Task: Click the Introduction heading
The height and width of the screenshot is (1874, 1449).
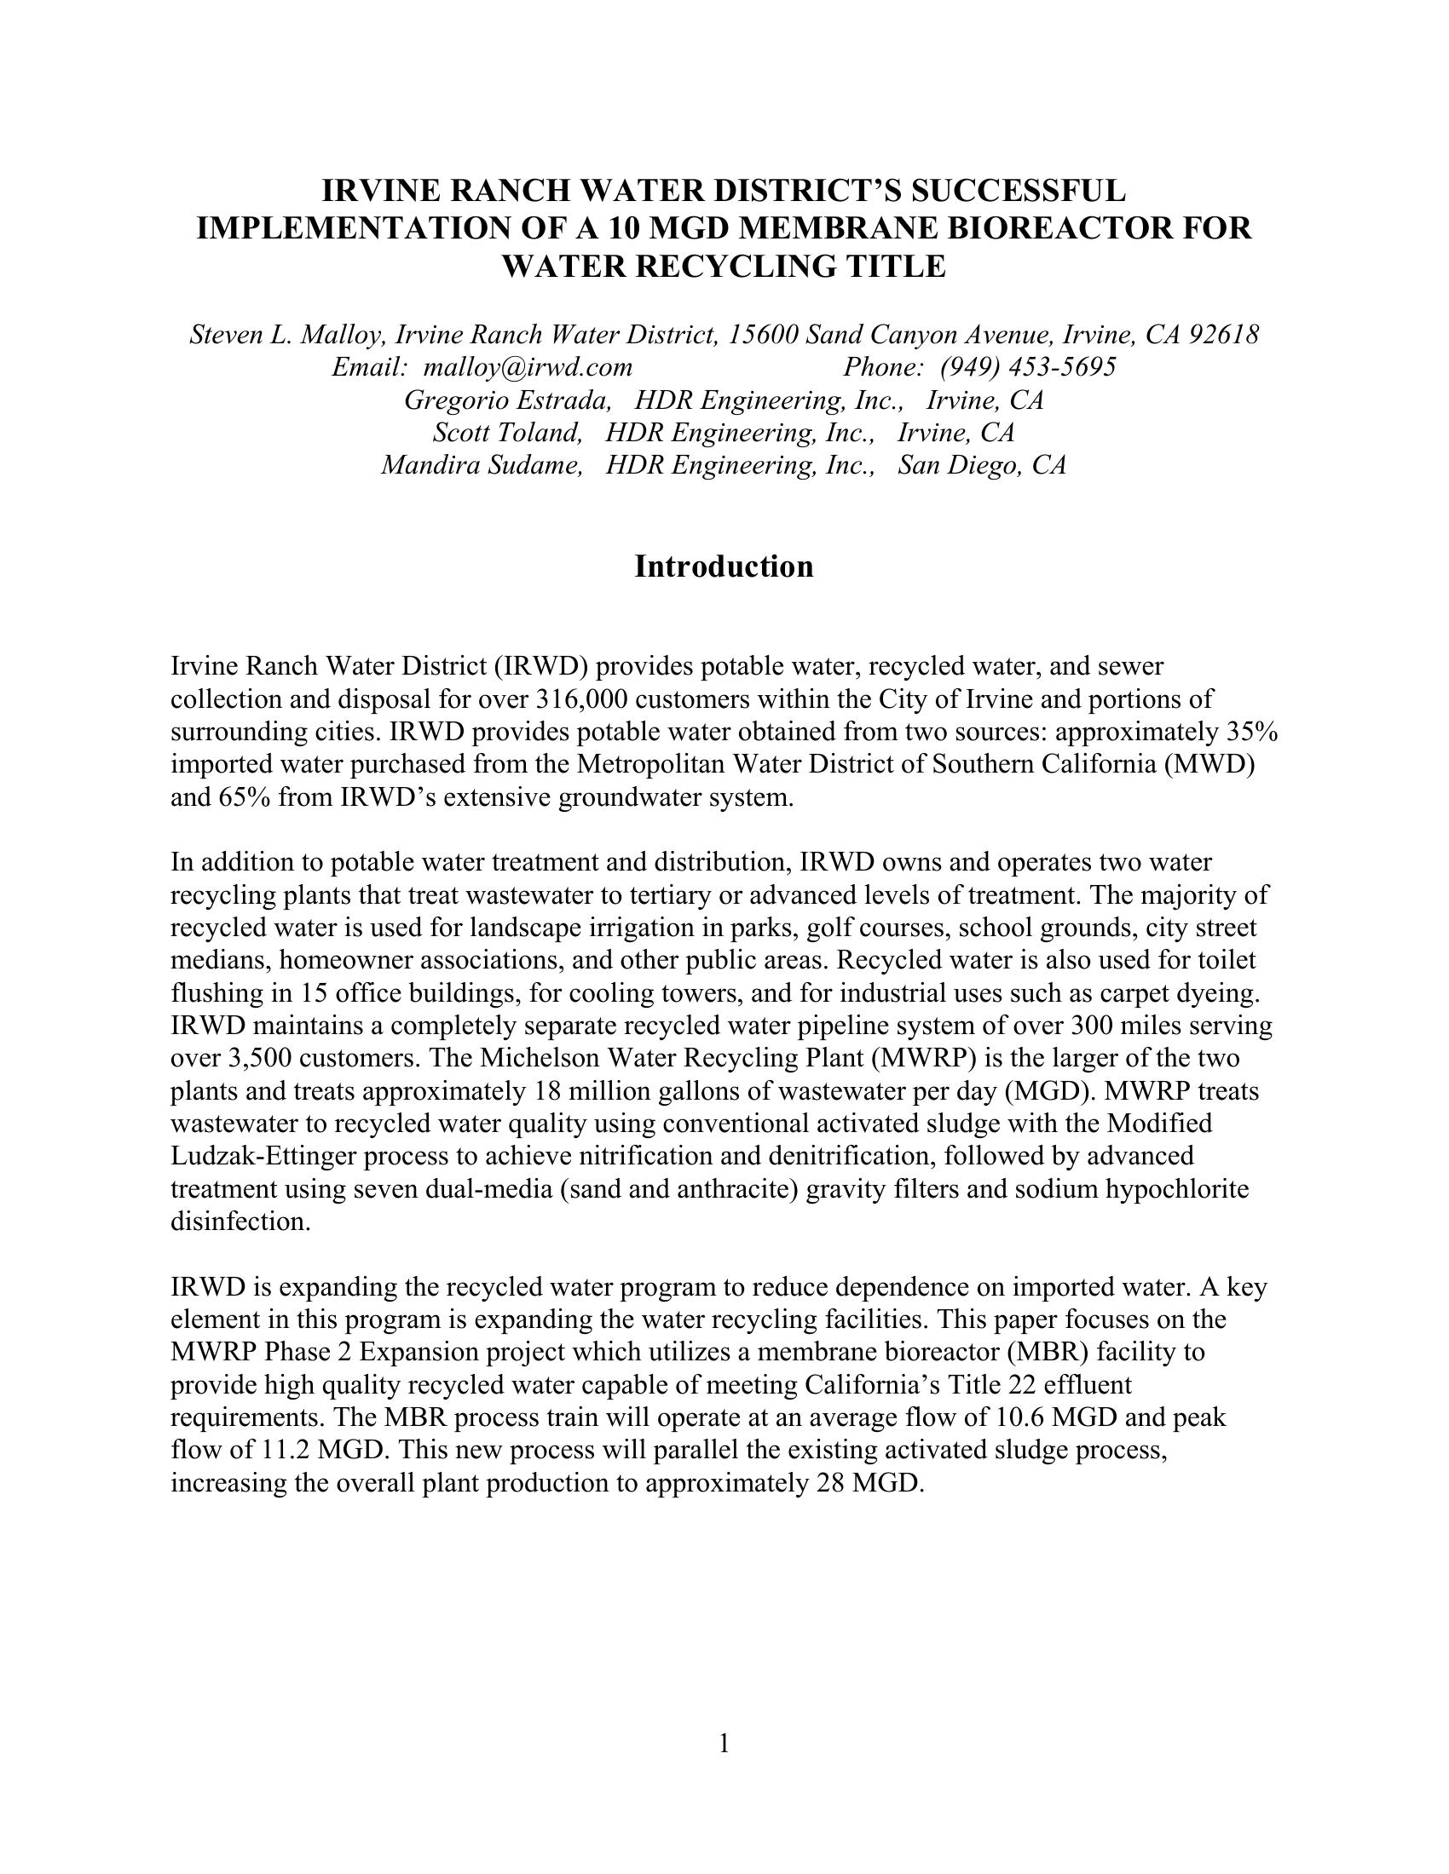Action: coord(724,567)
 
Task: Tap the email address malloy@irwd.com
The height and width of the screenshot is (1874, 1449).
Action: coord(528,367)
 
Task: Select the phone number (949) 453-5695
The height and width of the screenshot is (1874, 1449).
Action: coord(1028,367)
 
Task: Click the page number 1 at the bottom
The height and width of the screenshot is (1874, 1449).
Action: coord(724,1743)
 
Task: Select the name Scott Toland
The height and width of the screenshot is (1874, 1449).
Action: coord(507,433)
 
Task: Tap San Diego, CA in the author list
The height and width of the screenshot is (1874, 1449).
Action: coord(982,465)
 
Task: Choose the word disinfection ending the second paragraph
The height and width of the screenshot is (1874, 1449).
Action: coord(240,1222)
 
